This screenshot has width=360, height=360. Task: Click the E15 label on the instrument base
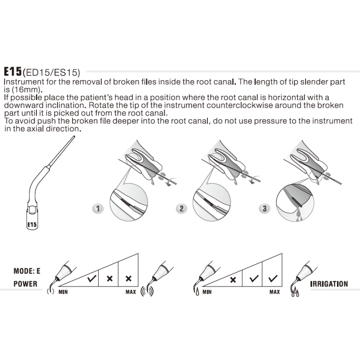click(x=32, y=224)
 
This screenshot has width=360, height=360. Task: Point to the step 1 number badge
click(x=97, y=209)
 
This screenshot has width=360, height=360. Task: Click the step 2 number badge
click(x=181, y=209)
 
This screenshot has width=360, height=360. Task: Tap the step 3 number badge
click(x=265, y=209)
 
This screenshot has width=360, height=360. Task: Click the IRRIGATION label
click(x=329, y=284)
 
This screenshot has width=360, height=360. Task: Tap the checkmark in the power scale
click(x=92, y=279)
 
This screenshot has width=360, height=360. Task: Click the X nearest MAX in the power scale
click(x=128, y=279)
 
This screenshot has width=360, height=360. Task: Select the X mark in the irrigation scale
click(x=233, y=279)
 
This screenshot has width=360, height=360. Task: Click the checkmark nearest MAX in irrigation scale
click(x=272, y=279)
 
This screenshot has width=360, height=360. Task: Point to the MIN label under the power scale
click(x=63, y=292)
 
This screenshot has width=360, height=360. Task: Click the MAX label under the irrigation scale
click(x=274, y=292)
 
